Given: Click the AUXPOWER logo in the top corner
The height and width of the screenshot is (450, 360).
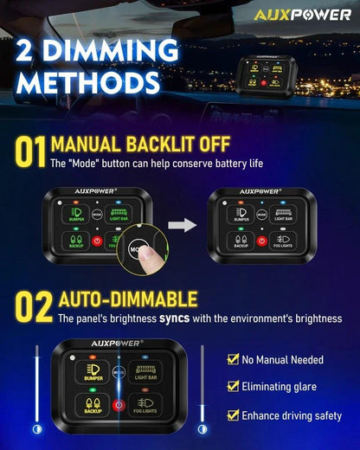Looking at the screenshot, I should [303, 15].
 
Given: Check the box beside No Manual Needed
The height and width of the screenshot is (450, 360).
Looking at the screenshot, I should [232, 359].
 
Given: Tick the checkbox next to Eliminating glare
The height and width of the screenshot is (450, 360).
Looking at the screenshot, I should [232, 387].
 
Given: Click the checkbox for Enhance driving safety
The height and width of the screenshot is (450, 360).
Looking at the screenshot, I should [232, 415].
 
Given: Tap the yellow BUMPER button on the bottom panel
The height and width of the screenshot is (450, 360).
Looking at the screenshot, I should [93, 370].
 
